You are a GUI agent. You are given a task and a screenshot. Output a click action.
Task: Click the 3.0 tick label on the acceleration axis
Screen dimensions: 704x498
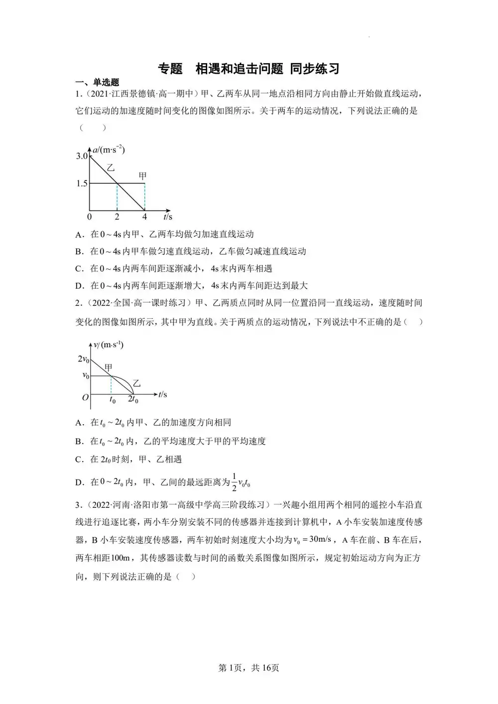81,156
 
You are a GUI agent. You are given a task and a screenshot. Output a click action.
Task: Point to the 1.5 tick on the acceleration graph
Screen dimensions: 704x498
81,184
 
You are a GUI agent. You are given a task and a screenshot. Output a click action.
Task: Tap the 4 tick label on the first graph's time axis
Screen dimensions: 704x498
144,217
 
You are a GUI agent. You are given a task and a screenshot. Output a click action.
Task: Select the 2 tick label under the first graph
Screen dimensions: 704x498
117,217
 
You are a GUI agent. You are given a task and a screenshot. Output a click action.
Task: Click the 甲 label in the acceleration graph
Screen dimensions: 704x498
142,176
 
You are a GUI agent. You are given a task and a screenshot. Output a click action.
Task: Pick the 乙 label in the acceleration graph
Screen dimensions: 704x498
111,168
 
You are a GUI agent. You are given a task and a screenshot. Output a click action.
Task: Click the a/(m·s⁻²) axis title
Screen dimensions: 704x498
109,149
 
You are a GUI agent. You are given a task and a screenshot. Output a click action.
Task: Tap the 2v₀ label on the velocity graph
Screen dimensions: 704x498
83,359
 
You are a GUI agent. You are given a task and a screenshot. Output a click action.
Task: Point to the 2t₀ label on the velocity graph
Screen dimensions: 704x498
133,399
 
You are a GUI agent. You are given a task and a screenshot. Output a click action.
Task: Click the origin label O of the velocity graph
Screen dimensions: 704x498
85,397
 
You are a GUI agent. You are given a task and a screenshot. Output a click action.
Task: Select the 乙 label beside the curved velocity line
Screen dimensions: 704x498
136,384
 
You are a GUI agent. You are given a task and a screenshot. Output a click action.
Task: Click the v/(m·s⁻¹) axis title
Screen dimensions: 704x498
109,345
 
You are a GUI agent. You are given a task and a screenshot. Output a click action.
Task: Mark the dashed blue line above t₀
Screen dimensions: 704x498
111,384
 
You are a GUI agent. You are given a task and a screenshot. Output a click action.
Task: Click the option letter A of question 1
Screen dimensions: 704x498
78,235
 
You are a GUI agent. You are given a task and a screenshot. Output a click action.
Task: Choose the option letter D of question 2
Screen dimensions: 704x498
78,482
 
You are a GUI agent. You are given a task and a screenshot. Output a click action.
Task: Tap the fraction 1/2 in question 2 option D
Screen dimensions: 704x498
234,481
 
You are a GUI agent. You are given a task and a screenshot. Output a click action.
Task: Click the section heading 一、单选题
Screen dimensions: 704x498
97,83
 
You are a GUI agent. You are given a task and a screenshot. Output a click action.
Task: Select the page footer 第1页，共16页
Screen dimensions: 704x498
249,668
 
